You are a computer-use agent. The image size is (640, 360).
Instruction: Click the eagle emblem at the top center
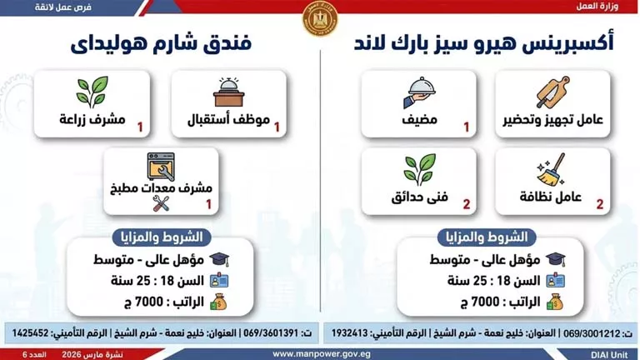click(x=319, y=17)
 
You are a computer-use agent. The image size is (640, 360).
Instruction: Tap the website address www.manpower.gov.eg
click(x=319, y=352)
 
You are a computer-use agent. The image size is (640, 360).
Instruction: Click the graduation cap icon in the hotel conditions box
click(x=219, y=261)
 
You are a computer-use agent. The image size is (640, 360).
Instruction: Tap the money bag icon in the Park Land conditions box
click(x=554, y=301)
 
